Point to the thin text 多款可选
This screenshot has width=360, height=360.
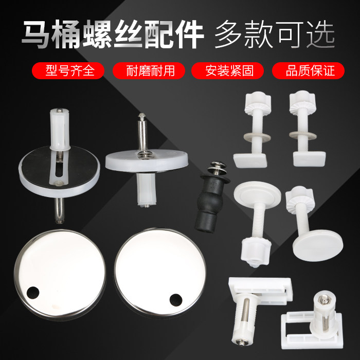(x=276, y=35)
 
